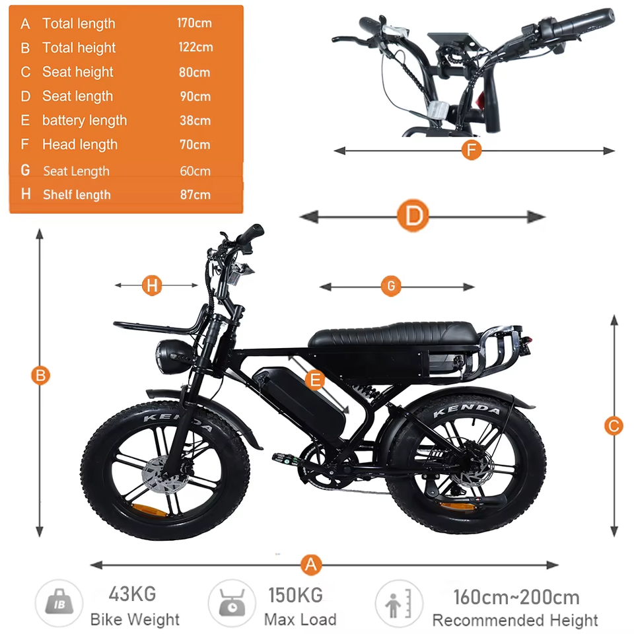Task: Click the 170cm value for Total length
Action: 194,23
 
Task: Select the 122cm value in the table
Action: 195,47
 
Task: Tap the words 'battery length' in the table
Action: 84,120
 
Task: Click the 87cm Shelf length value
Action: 195,194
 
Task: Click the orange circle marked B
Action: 40,375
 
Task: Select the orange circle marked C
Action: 614,426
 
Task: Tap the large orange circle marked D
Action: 413,216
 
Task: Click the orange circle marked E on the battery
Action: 316,380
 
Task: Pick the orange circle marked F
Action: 470,151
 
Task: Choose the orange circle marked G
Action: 391,287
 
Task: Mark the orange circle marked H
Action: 152,285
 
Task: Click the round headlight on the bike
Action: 170,353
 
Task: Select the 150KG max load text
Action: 295,594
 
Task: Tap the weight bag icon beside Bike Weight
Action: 59,603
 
